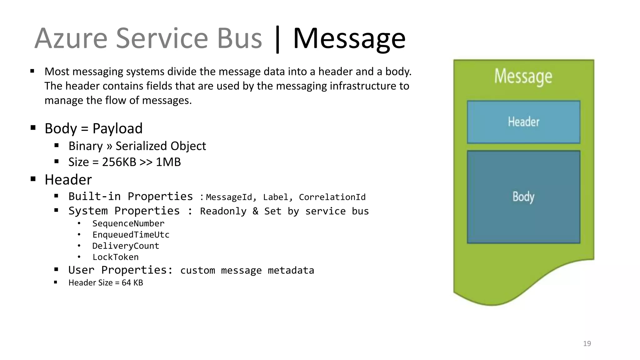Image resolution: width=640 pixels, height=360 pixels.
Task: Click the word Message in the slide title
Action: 349,39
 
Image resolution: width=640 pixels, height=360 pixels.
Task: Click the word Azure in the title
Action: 71,39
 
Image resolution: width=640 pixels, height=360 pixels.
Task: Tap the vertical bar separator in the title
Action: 277,40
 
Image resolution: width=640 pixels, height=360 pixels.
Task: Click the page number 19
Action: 587,344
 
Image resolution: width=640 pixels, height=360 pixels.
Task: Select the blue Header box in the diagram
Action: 523,122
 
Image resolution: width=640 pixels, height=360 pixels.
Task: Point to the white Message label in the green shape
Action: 523,77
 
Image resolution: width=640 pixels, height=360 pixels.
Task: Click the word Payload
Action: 117,128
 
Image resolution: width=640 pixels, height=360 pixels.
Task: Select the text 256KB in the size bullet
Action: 119,162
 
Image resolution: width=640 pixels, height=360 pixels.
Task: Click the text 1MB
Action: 168,162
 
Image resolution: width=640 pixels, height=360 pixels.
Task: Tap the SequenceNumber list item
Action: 128,223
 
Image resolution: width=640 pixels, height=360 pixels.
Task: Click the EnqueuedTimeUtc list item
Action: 131,235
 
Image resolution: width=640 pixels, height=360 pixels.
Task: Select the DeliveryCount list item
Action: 126,246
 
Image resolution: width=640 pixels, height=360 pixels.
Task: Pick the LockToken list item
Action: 115,257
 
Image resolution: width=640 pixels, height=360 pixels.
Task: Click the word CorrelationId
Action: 332,197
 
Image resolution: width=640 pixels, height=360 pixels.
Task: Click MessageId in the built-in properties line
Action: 229,197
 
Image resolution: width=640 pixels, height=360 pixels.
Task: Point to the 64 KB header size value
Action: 132,283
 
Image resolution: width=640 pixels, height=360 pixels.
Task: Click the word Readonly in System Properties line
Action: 223,211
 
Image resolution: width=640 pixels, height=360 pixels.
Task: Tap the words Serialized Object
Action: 161,146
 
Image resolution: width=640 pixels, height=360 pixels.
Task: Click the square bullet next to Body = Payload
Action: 33,127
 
